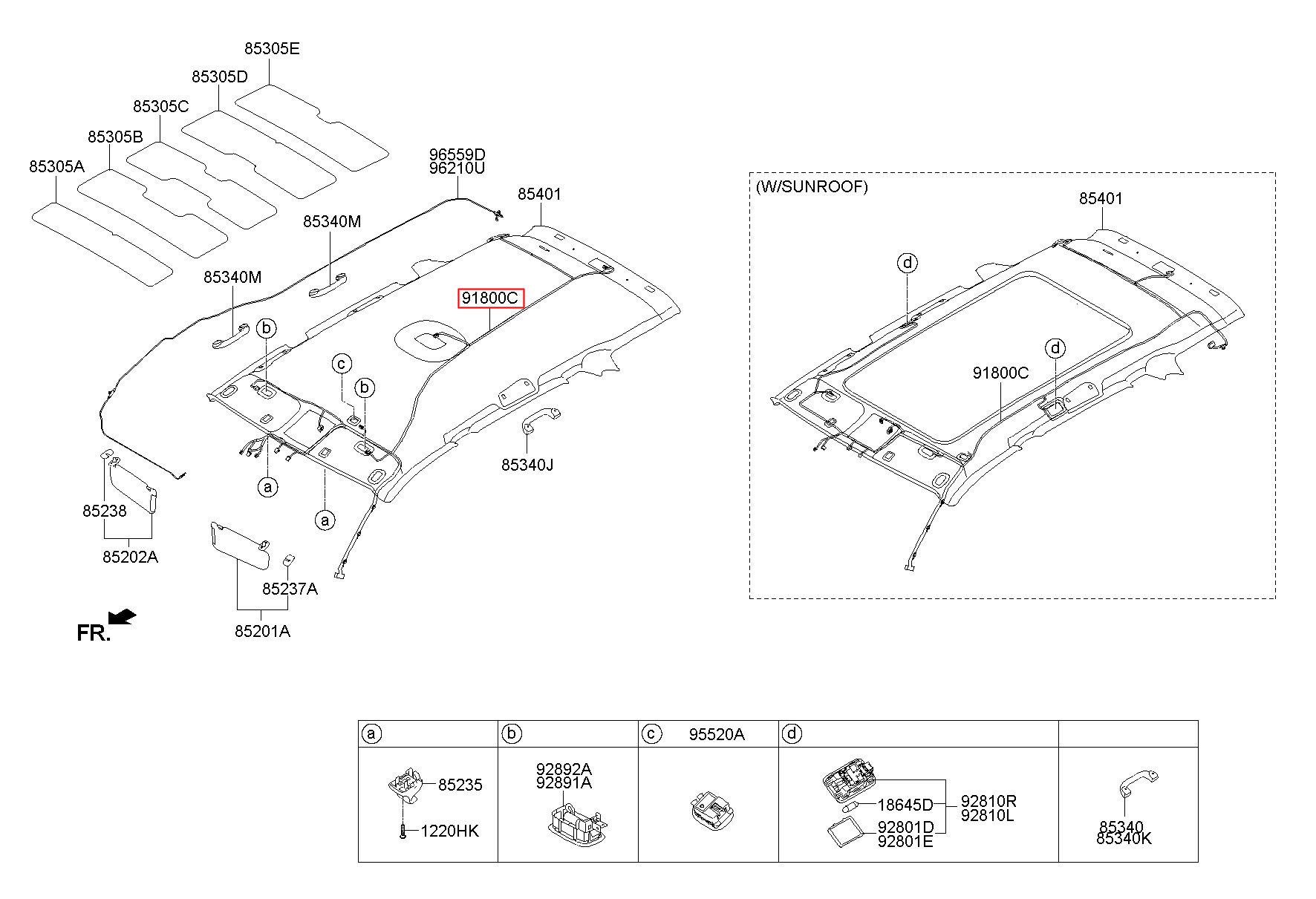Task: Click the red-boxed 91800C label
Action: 491,298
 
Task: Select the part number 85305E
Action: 272,49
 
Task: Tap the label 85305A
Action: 57,166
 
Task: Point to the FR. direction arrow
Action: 122,617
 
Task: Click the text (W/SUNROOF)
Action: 812,187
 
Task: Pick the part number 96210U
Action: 457,169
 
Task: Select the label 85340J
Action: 527,465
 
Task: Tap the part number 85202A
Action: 130,557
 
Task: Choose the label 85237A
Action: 290,589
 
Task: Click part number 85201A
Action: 262,631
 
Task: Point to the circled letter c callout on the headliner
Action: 342,364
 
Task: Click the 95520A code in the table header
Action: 716,735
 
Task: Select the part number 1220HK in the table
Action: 450,831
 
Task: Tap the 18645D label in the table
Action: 905,805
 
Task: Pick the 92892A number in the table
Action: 564,769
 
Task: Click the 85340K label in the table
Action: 1124,839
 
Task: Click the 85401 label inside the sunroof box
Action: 1101,199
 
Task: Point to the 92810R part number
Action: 988,801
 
